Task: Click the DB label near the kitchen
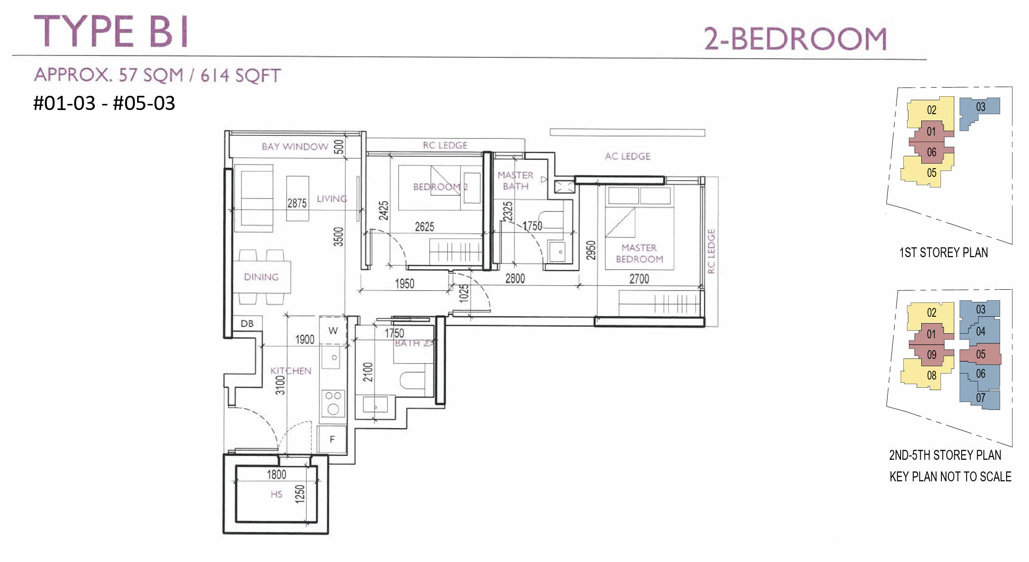pos(247,324)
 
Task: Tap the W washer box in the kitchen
pos(333,330)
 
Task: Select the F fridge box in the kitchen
pos(332,439)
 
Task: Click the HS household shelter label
pos(276,494)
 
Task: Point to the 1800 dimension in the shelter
pos(277,474)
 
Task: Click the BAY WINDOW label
pos(295,147)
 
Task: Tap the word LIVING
pos(332,199)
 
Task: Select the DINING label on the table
pos(261,277)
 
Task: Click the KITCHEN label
pos(291,370)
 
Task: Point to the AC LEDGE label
pos(627,156)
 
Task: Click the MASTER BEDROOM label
pos(639,253)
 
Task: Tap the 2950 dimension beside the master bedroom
pos(591,250)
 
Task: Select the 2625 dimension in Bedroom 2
pos(424,226)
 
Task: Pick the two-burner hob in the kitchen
pos(333,403)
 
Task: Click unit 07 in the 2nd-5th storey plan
pos(980,398)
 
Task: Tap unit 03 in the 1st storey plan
pos(980,107)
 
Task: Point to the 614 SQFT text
pos(240,75)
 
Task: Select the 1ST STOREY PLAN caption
pos(943,253)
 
